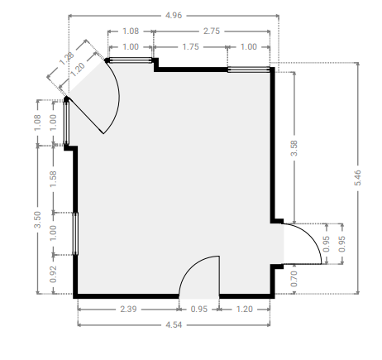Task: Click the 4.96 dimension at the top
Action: [174, 16]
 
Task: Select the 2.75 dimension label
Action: [212, 31]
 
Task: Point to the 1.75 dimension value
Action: [190, 47]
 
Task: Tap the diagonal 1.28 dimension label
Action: [67, 59]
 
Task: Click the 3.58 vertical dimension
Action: [294, 148]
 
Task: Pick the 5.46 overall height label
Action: [357, 178]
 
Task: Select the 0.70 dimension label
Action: [294, 279]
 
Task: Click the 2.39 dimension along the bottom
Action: [128, 309]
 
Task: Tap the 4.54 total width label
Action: [174, 324]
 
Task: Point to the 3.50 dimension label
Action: [37, 219]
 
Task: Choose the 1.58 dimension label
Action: [53, 179]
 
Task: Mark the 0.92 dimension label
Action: [53, 274]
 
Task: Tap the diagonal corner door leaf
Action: [85, 115]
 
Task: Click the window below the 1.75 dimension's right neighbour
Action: [249, 70]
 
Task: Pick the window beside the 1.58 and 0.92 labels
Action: [75, 233]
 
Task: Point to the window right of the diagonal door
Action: [130, 60]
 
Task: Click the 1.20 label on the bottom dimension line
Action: [245, 309]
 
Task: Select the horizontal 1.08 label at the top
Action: [131, 31]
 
